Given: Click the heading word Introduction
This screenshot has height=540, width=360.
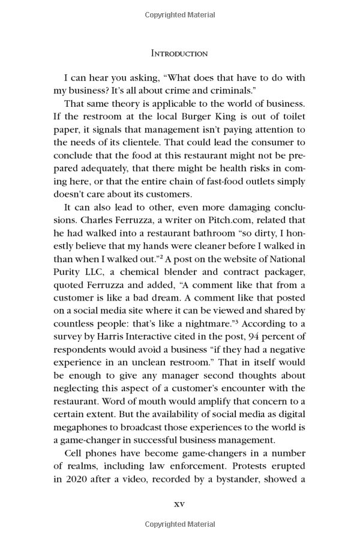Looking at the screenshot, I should coord(179,53).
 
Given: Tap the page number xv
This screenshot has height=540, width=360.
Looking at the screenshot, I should coord(179,503).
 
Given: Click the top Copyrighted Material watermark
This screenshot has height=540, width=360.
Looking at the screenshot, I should coord(179,14).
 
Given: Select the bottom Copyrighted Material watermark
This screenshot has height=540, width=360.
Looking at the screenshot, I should coord(179,524).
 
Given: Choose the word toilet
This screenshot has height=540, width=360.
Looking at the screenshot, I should coord(292,116).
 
